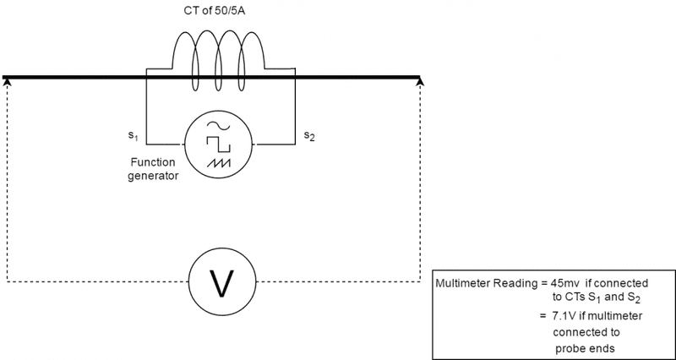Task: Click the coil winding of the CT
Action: click(220, 52)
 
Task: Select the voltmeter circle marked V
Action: click(221, 282)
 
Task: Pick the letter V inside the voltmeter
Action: click(221, 283)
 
